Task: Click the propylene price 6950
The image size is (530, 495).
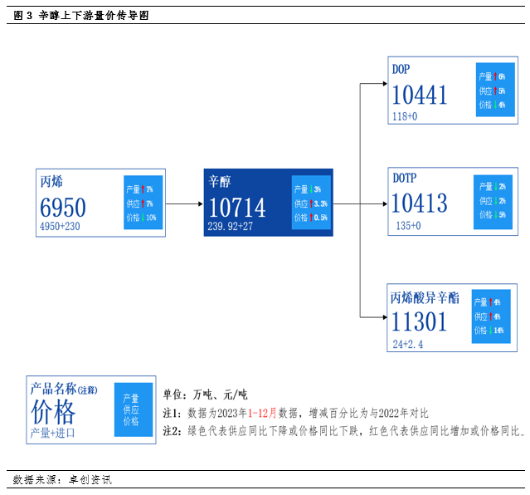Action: (x=63, y=208)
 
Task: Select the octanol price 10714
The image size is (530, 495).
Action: (x=236, y=208)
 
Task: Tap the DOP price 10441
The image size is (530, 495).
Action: (x=420, y=96)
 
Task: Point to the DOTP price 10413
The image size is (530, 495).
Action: (x=420, y=203)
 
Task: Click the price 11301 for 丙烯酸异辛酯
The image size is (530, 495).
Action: (x=420, y=321)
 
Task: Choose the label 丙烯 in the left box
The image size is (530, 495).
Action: (x=51, y=182)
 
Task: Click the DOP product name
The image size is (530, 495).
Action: (x=401, y=70)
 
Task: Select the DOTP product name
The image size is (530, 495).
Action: (x=404, y=178)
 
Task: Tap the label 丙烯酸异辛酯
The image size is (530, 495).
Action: (x=424, y=297)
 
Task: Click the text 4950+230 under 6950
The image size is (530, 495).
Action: (x=60, y=226)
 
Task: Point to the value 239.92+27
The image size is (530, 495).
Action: (x=231, y=226)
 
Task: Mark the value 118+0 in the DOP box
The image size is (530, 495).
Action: (x=405, y=117)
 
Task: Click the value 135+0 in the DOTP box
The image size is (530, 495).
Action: (x=408, y=225)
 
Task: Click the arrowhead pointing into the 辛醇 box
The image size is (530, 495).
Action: (x=199, y=203)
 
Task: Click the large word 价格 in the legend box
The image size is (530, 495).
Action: (x=53, y=412)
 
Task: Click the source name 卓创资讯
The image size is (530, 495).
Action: (x=90, y=480)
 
